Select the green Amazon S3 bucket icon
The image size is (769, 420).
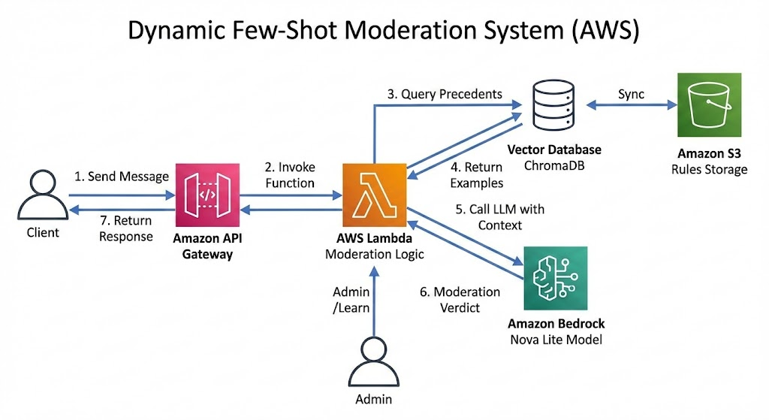point(709,105)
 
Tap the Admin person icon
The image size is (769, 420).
point(373,361)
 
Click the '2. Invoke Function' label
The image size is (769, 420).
point(288,175)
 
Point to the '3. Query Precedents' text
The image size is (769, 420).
point(445,94)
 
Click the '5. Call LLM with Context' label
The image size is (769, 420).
point(489,216)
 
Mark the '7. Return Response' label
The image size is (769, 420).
point(126,228)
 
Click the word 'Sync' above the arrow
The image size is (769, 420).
point(631,95)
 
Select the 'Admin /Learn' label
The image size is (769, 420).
point(348,299)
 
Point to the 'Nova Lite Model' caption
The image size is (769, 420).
point(556,339)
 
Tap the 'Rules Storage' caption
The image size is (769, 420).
point(709,169)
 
